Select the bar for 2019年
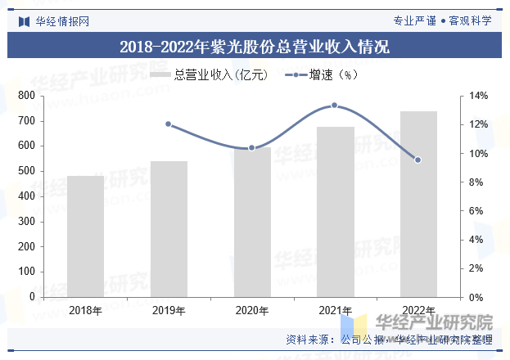tap(169, 229)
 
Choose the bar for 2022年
tap(418, 204)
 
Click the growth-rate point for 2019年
tap(169, 124)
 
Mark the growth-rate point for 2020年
tap(252, 148)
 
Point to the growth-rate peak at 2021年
tap(335, 106)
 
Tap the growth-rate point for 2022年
tap(418, 160)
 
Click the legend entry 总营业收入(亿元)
tap(209, 75)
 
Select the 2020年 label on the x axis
tap(252, 310)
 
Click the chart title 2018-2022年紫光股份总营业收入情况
tap(255, 47)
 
